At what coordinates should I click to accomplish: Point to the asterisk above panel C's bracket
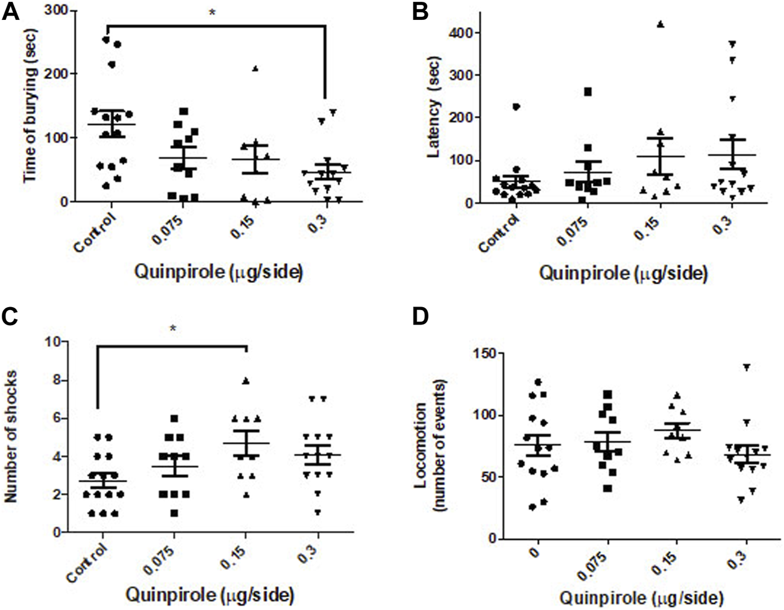[x=172, y=329]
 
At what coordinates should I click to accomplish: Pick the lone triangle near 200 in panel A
[x=255, y=69]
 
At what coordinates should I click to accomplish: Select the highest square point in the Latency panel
[x=588, y=92]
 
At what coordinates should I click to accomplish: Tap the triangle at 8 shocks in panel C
[x=245, y=380]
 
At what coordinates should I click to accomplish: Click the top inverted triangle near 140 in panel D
[x=747, y=367]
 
